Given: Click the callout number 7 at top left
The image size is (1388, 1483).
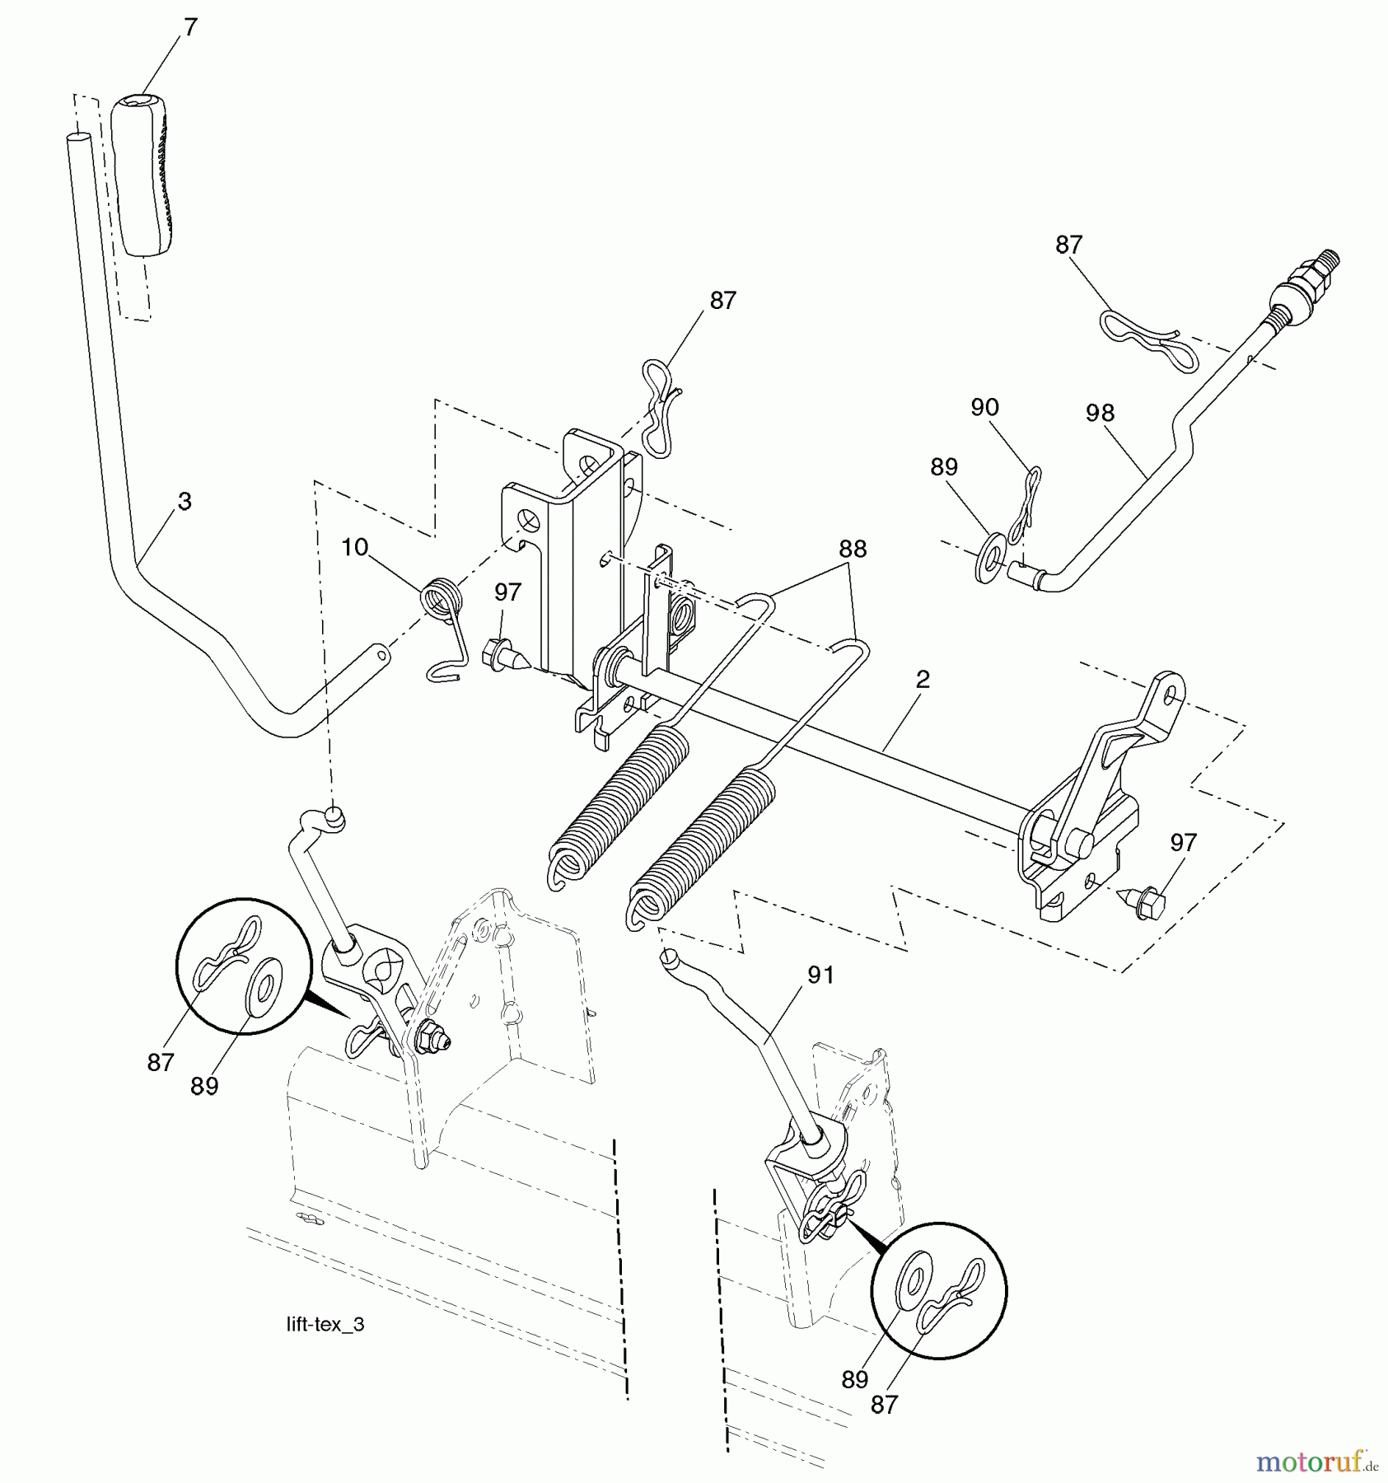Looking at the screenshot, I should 191,27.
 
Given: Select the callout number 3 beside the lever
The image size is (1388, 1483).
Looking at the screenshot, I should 185,501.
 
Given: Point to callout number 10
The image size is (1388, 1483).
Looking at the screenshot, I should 354,548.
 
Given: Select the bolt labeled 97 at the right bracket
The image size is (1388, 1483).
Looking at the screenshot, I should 1147,903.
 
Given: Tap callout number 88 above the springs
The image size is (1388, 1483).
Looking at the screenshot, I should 853,549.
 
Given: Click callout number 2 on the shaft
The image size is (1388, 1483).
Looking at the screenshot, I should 923,679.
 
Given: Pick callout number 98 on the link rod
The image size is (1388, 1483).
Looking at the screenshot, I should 1100,413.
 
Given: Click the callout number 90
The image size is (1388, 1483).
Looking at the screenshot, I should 984,407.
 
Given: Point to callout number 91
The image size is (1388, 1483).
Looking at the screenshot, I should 820,975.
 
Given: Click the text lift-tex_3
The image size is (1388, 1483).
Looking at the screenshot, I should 325,1325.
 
